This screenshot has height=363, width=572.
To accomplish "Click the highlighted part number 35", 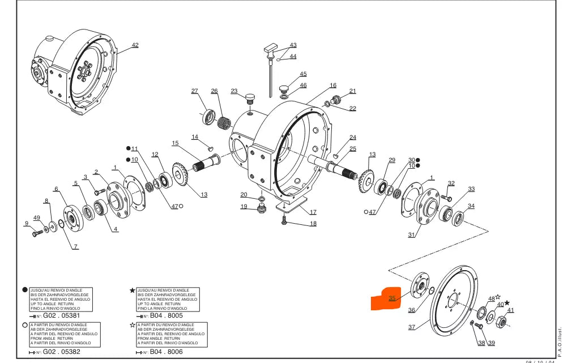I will point(392,298).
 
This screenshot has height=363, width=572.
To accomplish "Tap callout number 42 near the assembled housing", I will point(135,45).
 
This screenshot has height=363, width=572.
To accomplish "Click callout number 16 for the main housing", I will point(333,86).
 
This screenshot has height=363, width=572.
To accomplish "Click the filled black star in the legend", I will point(133,291).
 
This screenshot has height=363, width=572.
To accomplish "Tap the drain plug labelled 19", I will point(261,210).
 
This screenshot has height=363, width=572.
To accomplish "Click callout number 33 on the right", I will point(471,189).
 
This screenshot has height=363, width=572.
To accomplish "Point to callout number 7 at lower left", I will point(76,247).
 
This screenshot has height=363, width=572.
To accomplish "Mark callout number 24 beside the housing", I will point(353,138).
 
